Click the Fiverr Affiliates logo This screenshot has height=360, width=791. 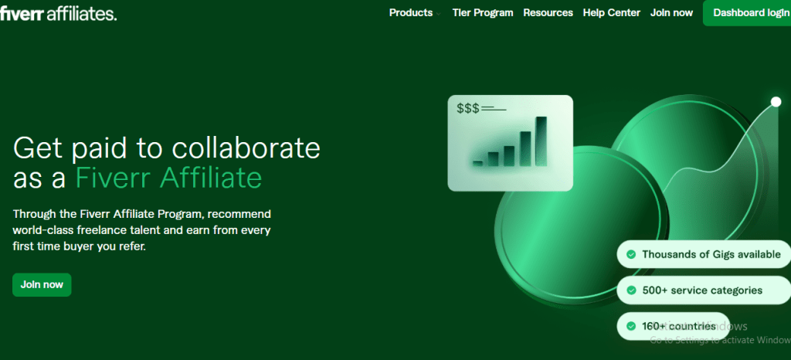click(x=59, y=13)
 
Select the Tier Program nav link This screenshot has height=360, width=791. click(x=483, y=13)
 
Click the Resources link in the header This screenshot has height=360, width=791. click(x=548, y=13)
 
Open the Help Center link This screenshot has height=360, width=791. click(x=612, y=13)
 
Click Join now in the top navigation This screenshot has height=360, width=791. click(x=671, y=13)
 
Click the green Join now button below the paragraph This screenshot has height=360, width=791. click(x=42, y=284)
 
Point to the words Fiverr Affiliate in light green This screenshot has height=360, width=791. click(x=168, y=178)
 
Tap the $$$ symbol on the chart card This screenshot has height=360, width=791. click(x=467, y=109)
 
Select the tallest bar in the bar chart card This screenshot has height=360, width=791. click(x=541, y=141)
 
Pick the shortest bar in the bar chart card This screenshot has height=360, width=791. click(x=478, y=163)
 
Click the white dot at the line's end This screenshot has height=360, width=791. click(x=776, y=102)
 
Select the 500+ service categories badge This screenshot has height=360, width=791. click(x=694, y=290)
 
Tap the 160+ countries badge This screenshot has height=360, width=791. click(x=672, y=326)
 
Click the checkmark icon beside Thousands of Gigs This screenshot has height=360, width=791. click(x=631, y=254)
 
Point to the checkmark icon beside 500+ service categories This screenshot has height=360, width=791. click(x=631, y=290)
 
